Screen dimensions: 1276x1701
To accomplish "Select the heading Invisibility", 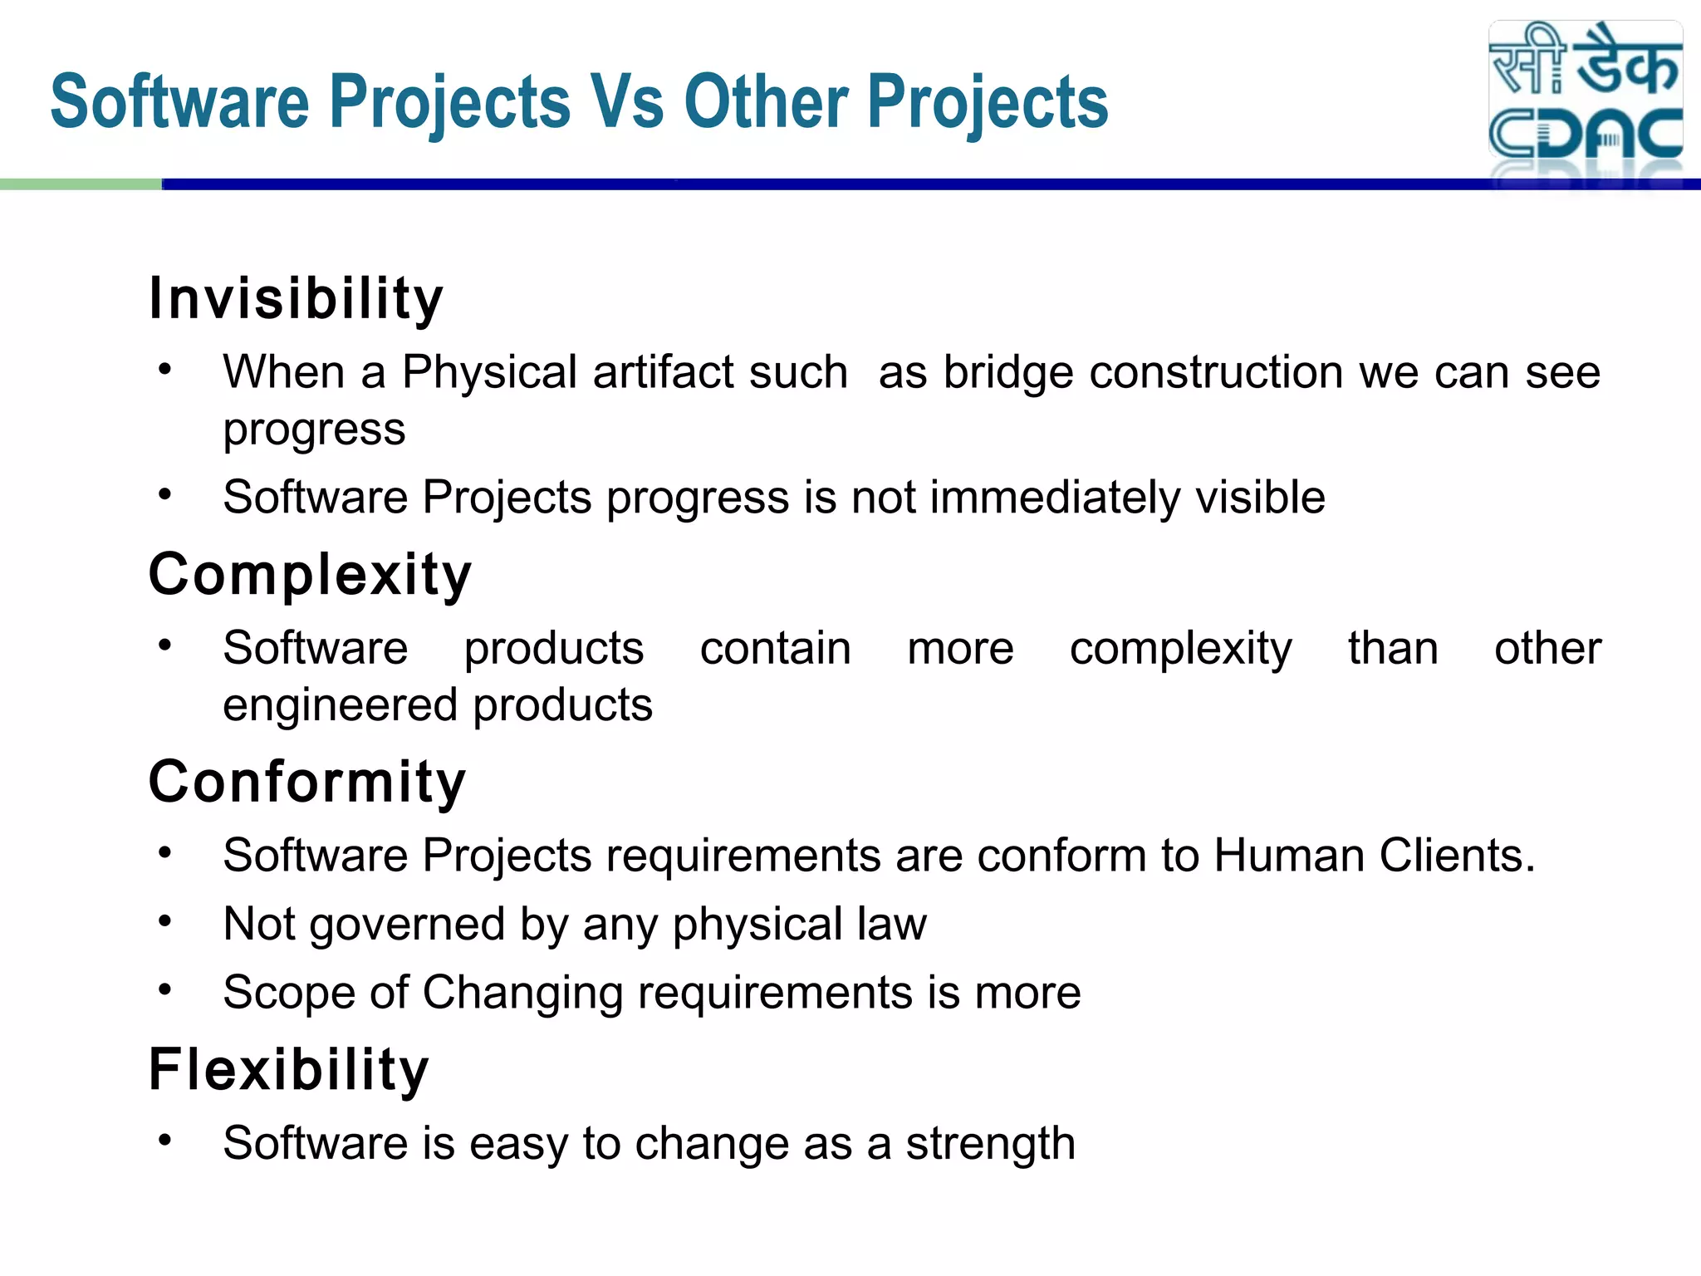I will click(x=296, y=299).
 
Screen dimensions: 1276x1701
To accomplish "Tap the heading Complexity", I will click(x=310, y=575).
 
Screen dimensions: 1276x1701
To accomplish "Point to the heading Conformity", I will click(x=307, y=783).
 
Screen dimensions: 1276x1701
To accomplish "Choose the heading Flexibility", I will click(x=288, y=1070).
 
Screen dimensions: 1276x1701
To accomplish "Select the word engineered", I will click(x=341, y=705).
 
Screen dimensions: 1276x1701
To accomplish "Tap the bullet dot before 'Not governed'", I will click(x=165, y=921).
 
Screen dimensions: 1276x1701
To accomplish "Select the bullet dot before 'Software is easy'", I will click(x=165, y=1140).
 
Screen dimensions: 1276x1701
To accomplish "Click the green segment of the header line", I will click(x=81, y=184).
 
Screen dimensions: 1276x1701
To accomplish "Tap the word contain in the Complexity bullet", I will click(x=775, y=649).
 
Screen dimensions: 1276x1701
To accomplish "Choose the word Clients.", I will click(x=1457, y=856).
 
